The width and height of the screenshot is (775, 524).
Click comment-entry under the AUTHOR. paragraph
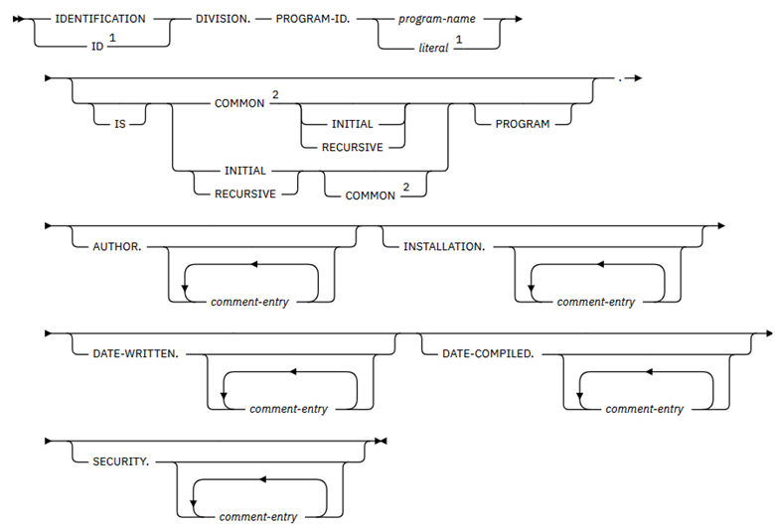coord(249,301)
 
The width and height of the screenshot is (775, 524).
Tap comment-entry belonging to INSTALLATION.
coord(595,301)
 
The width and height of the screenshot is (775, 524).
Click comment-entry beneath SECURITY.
coord(259,516)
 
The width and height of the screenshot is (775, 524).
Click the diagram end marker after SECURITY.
coord(382,440)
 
